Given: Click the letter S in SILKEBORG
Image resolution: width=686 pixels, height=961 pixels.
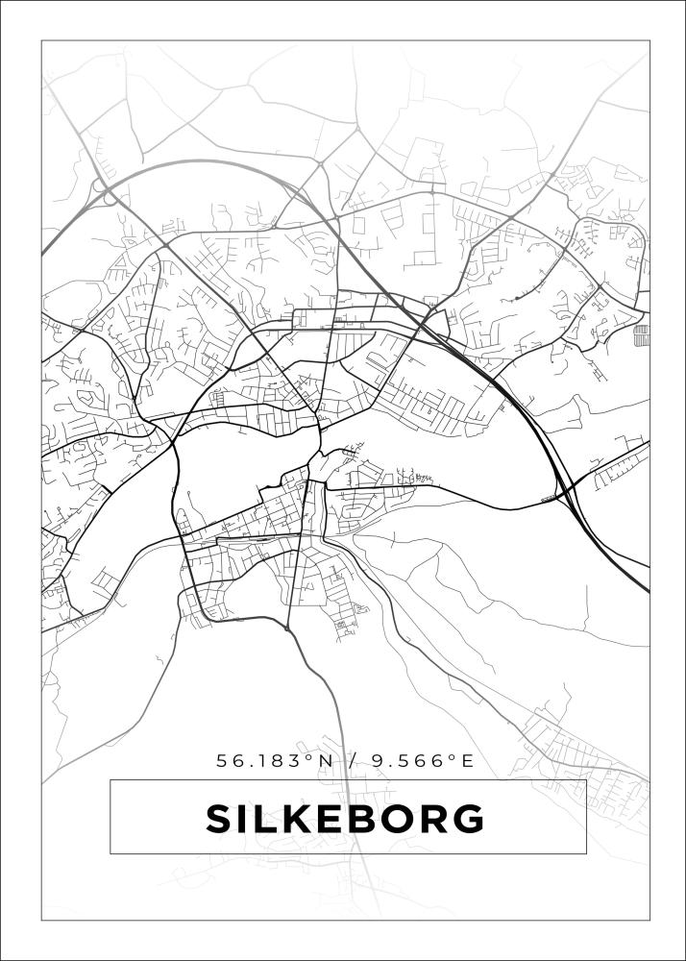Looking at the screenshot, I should [221, 819].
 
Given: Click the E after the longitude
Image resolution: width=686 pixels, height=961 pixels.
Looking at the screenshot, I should [468, 761].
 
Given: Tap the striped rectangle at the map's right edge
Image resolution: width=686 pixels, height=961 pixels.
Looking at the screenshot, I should [642, 334].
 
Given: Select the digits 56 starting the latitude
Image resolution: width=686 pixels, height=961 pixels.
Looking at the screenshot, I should [228, 761].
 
